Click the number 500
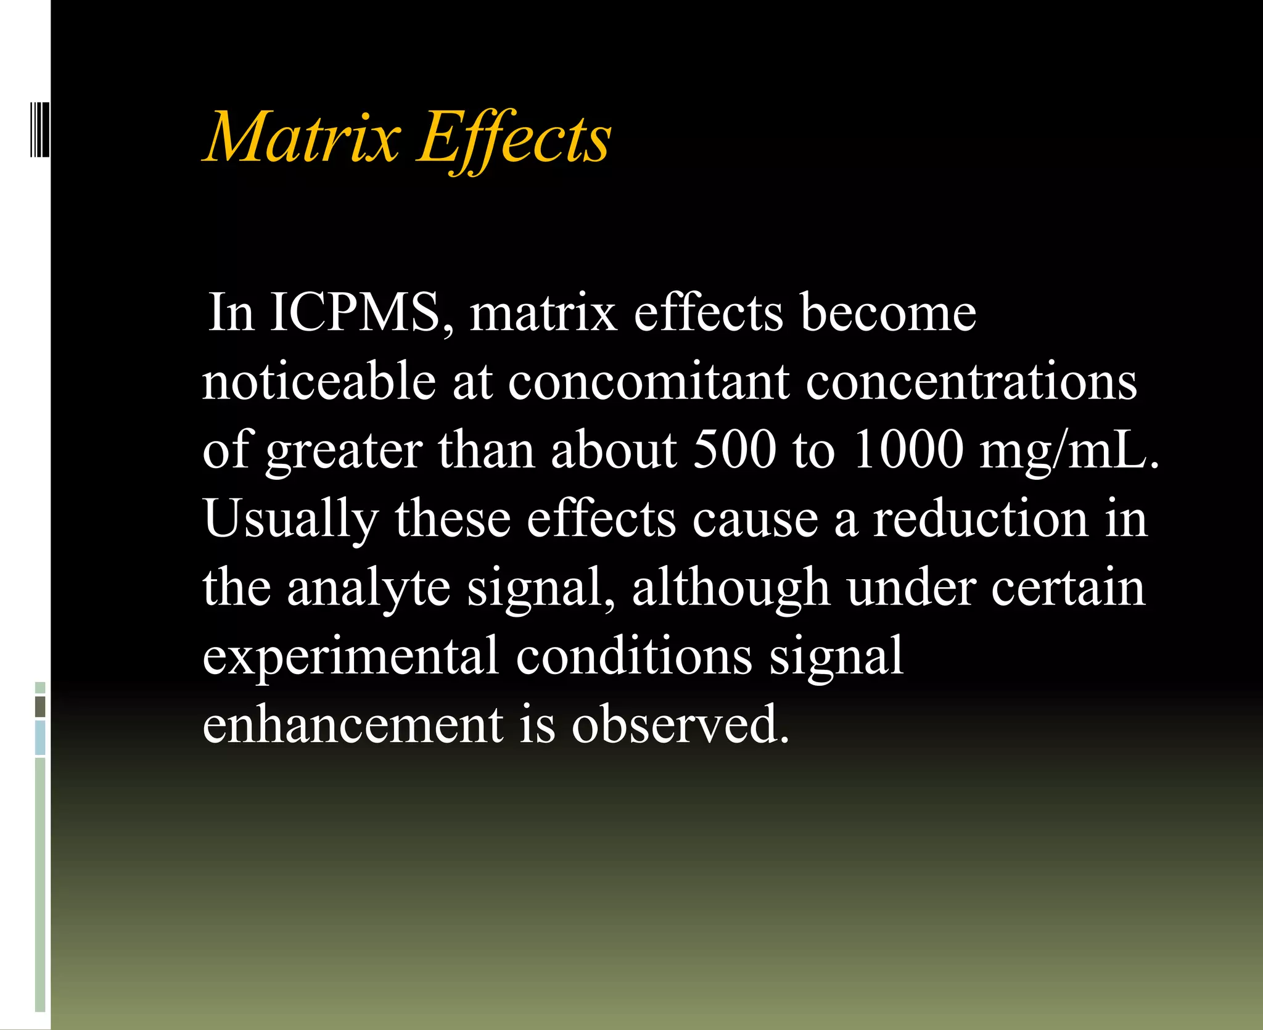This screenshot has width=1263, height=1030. click(x=734, y=450)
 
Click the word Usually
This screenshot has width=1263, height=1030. click(x=290, y=519)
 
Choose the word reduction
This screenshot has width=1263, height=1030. click(x=981, y=519)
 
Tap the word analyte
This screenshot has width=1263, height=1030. click(x=368, y=588)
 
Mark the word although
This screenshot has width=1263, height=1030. click(x=731, y=588)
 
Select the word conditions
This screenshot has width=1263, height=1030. click(x=634, y=656)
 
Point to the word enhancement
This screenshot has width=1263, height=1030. click(x=353, y=725)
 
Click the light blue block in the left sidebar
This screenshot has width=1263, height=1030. click(x=40, y=738)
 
